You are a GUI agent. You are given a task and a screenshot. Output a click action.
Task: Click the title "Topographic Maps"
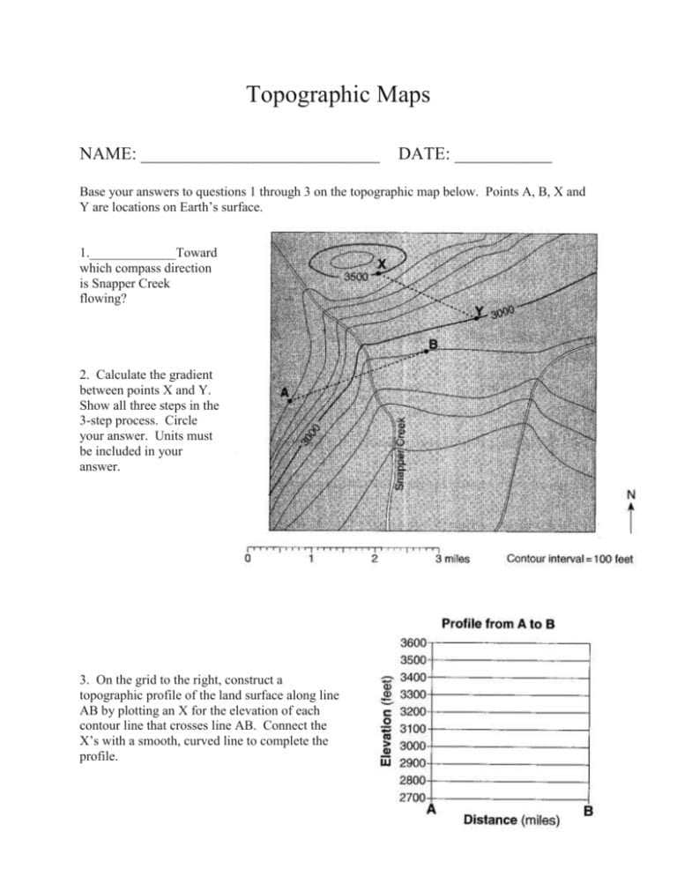coord(338,95)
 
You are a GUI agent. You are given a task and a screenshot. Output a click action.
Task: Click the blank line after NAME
coord(259,160)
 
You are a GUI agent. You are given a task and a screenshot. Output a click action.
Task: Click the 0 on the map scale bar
coord(248,558)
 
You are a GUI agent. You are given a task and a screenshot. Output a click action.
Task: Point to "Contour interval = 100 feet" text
coord(570,558)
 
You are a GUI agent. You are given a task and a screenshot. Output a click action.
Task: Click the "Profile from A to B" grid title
coord(497,625)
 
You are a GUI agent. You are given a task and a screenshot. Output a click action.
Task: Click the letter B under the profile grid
coord(588,812)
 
